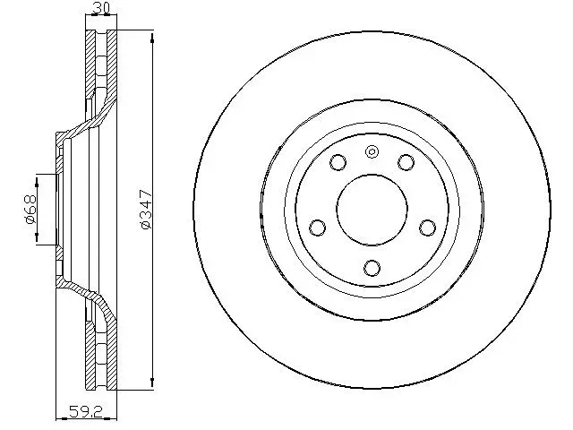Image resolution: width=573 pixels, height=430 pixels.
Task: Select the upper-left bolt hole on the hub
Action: pos(338,163)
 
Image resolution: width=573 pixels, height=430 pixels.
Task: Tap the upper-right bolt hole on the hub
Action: pos(406,162)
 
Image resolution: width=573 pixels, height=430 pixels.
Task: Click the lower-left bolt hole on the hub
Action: pos(317,228)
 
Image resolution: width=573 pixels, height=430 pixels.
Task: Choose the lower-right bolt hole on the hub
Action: pos(428,227)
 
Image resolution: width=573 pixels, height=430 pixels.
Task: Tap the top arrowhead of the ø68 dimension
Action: pos(38,175)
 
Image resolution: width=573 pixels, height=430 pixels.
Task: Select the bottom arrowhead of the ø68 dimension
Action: pos(38,240)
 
